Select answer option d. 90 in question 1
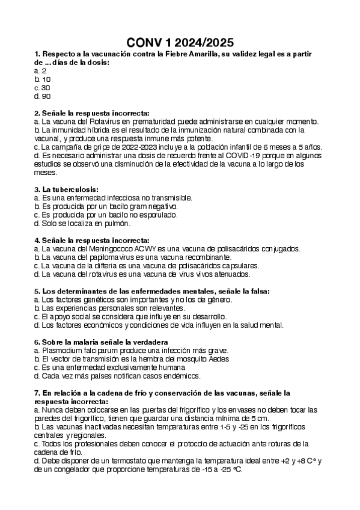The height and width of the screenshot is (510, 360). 43,96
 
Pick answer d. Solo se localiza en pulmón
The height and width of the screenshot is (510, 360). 82,223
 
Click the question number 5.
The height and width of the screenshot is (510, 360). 37,291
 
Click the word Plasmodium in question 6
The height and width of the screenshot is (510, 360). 62,351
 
